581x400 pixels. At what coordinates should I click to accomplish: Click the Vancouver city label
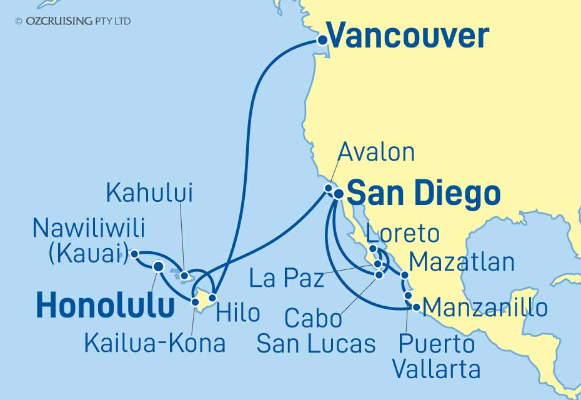click(407, 36)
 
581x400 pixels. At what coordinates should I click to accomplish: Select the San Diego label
click(423, 194)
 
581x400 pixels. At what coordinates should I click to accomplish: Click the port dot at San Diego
click(338, 194)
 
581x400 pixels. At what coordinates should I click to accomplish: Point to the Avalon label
click(375, 152)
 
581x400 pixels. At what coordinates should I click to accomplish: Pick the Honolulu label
click(105, 306)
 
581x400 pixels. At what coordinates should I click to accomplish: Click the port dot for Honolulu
click(158, 267)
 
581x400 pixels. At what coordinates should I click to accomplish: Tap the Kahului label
click(149, 193)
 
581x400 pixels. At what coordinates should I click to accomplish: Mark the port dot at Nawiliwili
click(134, 254)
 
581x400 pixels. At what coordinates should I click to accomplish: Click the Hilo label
click(237, 312)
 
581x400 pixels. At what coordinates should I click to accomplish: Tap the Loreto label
click(402, 234)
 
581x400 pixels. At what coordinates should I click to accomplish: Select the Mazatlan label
click(463, 262)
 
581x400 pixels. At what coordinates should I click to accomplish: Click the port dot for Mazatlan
click(405, 275)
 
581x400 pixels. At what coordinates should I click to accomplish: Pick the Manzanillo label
click(485, 307)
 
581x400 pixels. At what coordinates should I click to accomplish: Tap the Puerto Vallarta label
click(436, 356)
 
